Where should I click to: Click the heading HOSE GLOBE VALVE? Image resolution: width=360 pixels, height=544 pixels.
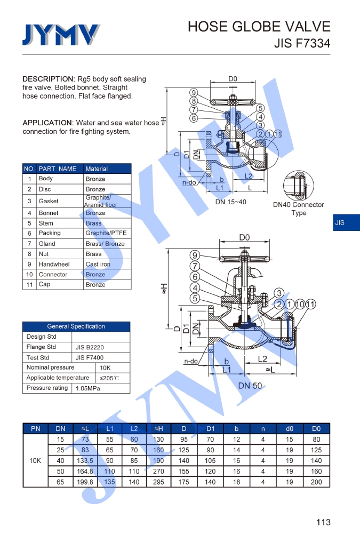259,27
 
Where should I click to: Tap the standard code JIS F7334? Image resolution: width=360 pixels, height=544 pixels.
302,44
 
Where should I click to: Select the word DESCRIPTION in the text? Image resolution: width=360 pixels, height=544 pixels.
49,79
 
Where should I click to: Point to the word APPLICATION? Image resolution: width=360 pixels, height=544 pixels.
47,123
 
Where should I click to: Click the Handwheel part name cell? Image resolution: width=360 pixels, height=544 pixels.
54,265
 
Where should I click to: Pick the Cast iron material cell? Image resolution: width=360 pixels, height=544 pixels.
98,265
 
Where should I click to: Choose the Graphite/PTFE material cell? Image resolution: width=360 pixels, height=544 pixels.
106,233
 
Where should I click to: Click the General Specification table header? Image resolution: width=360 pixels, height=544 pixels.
76,326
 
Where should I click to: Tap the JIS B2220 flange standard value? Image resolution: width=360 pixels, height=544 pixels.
90,347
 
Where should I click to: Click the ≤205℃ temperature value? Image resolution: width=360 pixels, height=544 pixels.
109,378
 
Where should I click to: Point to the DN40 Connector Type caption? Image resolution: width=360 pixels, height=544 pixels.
298,209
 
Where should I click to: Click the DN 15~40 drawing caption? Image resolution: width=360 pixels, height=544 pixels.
231,202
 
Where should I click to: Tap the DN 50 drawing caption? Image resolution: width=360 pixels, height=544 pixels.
250,386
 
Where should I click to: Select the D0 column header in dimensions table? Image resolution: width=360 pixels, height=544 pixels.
316,429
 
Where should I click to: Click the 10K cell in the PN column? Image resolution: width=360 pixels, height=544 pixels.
35,460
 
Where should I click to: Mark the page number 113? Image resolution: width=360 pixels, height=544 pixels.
323,522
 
